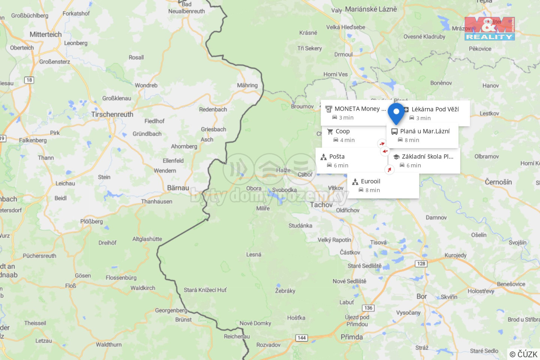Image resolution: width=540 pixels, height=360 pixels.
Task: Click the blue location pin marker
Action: [x=396, y=112]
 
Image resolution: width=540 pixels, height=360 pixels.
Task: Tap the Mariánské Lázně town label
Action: [x=370, y=9]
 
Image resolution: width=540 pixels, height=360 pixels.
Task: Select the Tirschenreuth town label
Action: [x=112, y=114]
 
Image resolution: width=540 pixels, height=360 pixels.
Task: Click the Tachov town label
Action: [x=321, y=205]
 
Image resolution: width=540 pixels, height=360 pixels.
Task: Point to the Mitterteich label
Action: [x=45, y=34]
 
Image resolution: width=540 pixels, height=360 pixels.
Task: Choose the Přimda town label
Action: [x=351, y=337]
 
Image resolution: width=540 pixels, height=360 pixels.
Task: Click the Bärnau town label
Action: [x=178, y=187]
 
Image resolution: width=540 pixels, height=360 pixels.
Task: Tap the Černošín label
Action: [x=498, y=182]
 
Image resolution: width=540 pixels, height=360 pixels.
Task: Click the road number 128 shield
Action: [x=421, y=264]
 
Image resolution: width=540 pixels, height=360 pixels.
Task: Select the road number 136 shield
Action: [x=368, y=308]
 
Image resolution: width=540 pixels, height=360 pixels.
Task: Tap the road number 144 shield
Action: [x=301, y=338]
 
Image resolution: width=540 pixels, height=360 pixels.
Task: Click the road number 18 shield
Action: [x=29, y=80]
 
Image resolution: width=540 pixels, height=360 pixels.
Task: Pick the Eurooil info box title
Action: [x=370, y=181]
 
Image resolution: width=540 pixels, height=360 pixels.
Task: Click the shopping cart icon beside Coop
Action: [x=330, y=132]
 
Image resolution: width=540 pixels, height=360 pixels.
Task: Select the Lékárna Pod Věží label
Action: [x=435, y=109]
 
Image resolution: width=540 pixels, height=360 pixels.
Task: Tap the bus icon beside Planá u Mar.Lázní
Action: [x=394, y=132]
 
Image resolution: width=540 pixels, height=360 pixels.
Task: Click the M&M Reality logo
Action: [x=489, y=28]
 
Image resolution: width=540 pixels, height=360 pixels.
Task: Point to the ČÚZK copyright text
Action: [x=523, y=354]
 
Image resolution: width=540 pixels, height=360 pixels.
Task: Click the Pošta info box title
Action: [x=337, y=157]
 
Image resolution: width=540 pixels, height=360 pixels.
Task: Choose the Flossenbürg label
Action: [x=121, y=277]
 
